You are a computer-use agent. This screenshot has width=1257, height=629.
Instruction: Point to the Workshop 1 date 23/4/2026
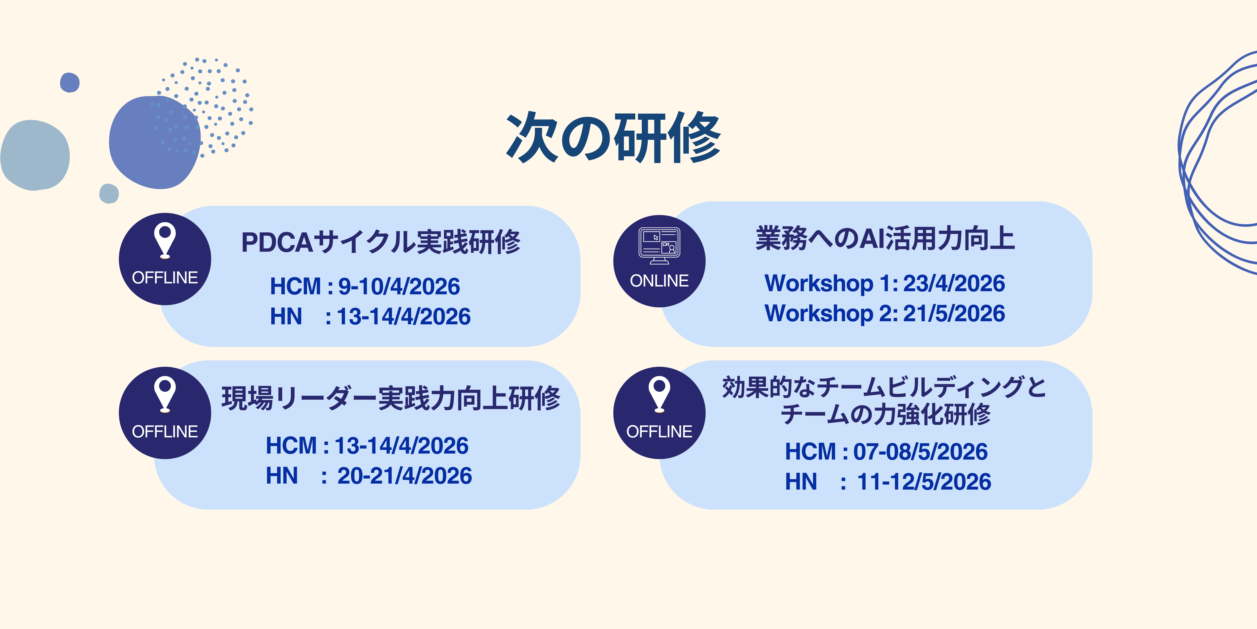click(954, 283)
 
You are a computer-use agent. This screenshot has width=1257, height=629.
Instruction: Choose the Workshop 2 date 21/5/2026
click(954, 313)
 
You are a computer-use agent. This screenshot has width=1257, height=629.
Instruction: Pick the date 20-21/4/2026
click(404, 476)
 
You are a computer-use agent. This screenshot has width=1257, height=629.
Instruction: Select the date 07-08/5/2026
click(920, 451)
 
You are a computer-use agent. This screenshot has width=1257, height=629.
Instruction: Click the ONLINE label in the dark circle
click(659, 281)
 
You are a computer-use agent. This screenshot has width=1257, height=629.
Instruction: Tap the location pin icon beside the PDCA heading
click(165, 240)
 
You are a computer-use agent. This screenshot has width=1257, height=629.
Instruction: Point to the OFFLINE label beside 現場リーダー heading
click(165, 432)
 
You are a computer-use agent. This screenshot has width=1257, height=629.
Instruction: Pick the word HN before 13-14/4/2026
click(286, 317)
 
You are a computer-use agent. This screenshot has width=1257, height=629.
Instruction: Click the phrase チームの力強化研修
click(886, 414)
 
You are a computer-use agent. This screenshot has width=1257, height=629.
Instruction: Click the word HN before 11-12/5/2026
click(801, 482)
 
